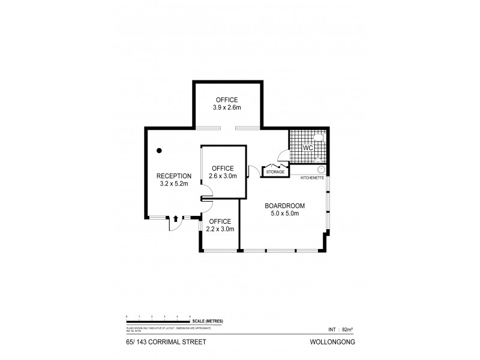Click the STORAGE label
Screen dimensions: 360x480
click(x=275, y=172)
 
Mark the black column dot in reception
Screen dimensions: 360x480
click(x=159, y=151)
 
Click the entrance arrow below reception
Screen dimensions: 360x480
click(x=175, y=220)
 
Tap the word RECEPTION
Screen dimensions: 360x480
click(x=173, y=176)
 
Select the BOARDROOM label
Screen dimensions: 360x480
click(x=282, y=205)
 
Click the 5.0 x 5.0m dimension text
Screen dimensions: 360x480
click(x=282, y=213)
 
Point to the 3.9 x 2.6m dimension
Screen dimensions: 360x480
click(x=226, y=108)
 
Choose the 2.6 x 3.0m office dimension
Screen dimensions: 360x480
click(x=223, y=176)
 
